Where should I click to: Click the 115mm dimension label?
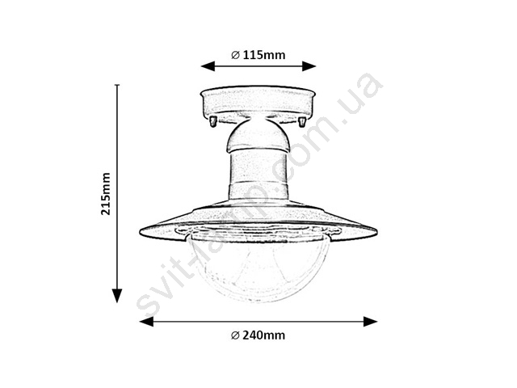(264, 55)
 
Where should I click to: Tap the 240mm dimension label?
(264, 335)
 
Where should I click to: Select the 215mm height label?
(106, 194)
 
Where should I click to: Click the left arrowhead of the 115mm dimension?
(208, 66)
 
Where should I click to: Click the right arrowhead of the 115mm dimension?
(309, 66)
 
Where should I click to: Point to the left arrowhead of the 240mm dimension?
(147, 322)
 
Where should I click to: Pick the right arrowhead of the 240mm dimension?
(370, 322)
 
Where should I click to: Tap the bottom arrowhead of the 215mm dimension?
(117, 296)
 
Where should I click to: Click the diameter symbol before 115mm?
(235, 55)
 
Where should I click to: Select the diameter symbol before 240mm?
(235, 335)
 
